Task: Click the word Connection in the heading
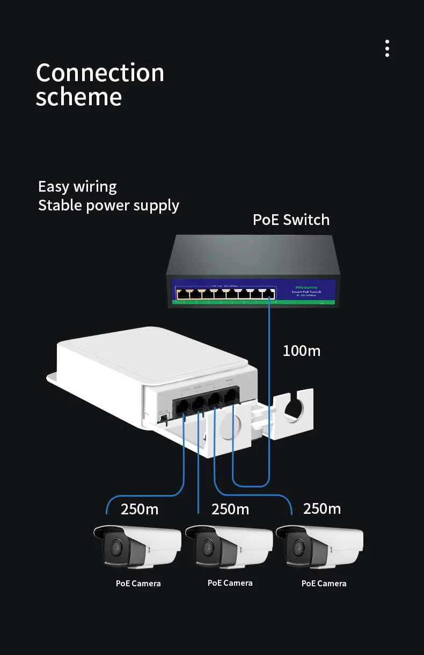click(x=100, y=73)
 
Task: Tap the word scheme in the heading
click(x=78, y=97)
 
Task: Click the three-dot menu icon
click(x=387, y=48)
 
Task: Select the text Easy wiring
click(x=77, y=187)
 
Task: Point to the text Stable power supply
click(x=108, y=205)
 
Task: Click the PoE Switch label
click(x=291, y=220)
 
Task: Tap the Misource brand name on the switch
click(x=306, y=288)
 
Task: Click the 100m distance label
click(x=302, y=351)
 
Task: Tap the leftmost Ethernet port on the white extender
click(x=180, y=405)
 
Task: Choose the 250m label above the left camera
click(x=140, y=509)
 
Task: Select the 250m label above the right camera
click(x=321, y=508)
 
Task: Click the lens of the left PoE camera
click(x=115, y=548)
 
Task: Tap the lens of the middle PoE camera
click(x=207, y=548)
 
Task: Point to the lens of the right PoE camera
click(x=297, y=548)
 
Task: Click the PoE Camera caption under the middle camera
click(x=230, y=583)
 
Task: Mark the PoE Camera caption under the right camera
click(x=324, y=584)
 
